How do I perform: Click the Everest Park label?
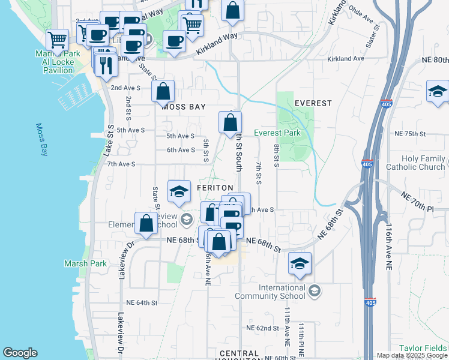click(277, 133)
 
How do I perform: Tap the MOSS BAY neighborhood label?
click(183, 106)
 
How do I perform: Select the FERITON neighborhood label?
click(214, 188)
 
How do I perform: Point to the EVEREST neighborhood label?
click(313, 103)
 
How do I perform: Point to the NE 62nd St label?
click(263, 328)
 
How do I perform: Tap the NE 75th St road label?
click(410, 134)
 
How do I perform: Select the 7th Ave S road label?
click(122, 164)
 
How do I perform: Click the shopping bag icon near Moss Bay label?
click(163, 92)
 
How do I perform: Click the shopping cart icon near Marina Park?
click(57, 40)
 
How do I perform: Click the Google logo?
click(20, 353)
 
